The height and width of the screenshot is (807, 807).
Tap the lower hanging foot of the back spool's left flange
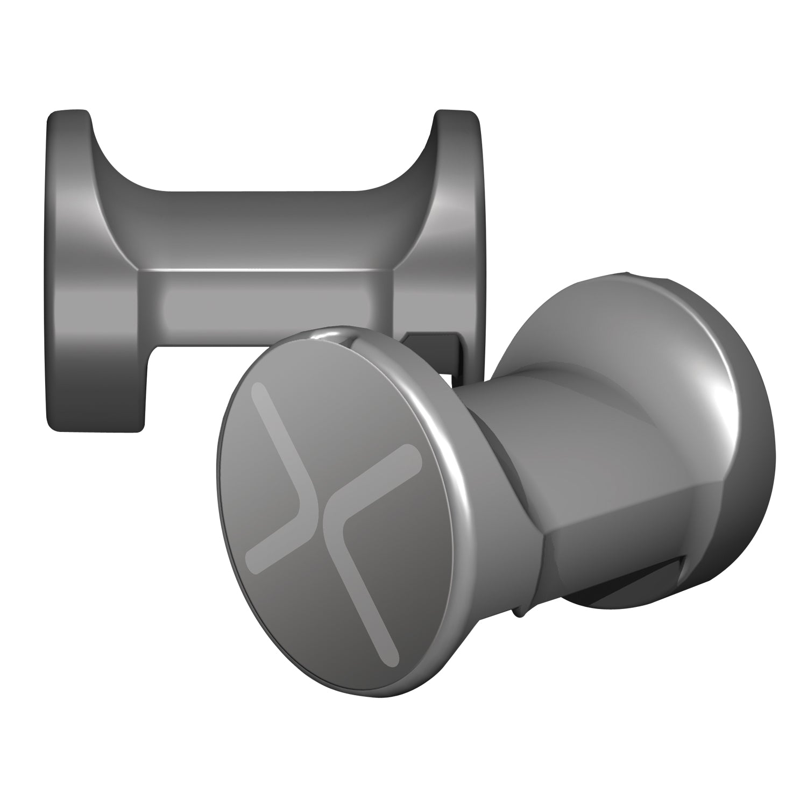coord(97,398)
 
